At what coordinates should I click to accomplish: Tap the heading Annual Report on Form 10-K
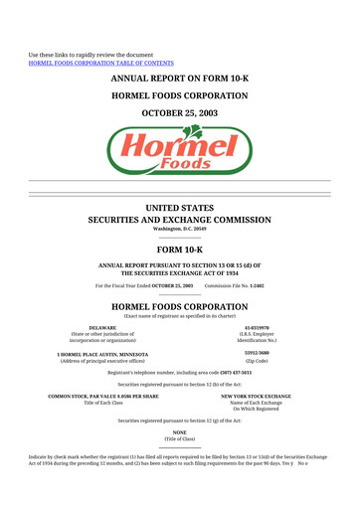coord(179,78)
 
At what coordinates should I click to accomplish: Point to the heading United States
coord(179,207)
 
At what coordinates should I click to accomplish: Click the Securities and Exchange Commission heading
coord(179,219)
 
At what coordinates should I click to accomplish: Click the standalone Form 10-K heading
coord(179,251)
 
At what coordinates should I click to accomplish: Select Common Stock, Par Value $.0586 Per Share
coord(103,396)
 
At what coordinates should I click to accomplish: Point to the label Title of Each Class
coord(103,403)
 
